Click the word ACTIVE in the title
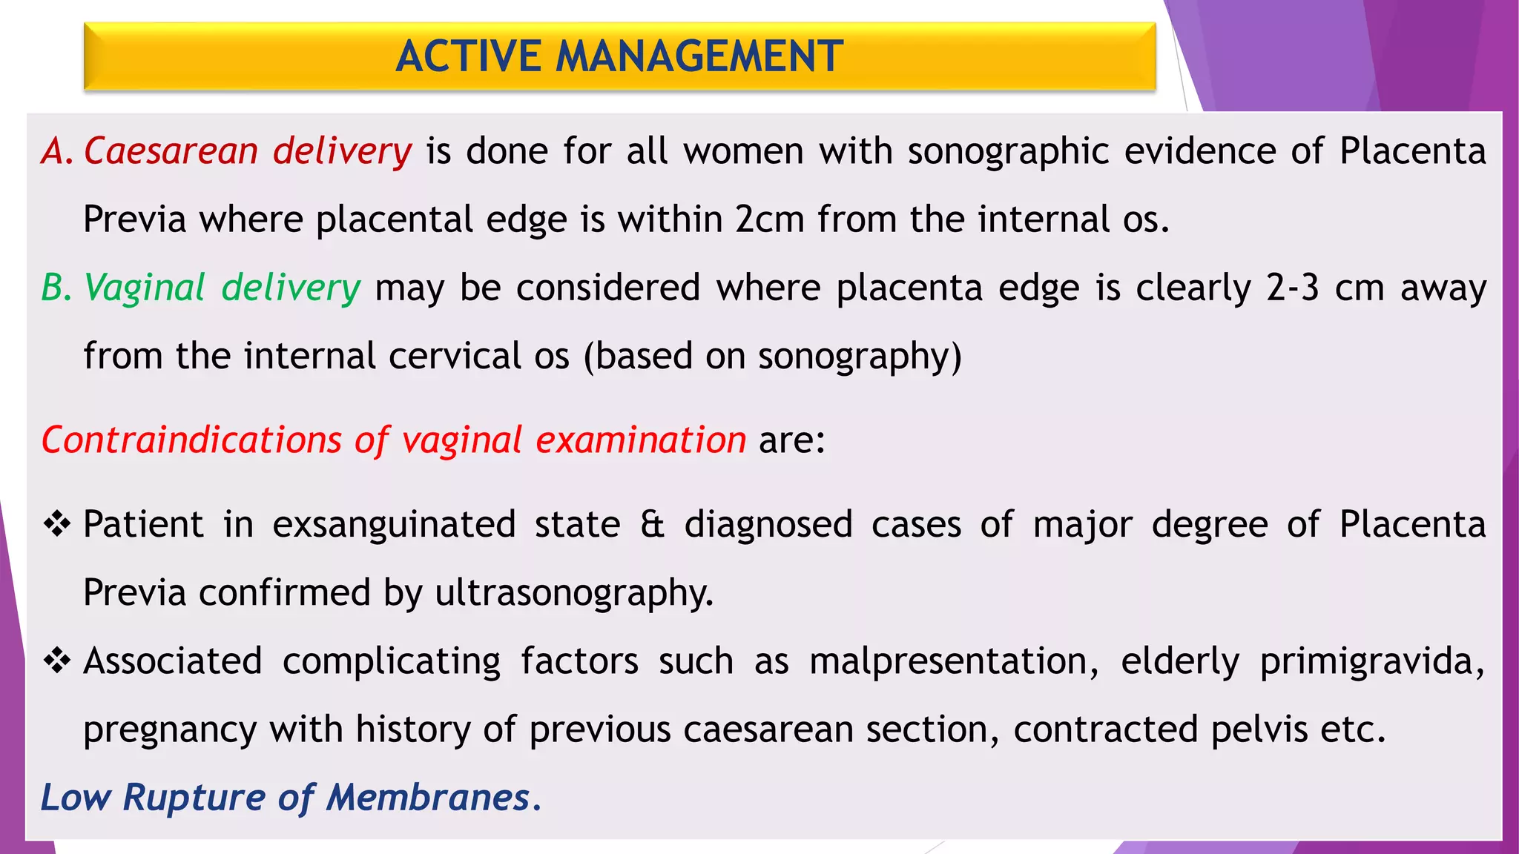(468, 56)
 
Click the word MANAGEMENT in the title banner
(699, 56)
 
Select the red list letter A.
(55, 151)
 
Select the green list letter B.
(55, 288)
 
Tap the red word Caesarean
(171, 151)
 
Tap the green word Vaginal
(145, 288)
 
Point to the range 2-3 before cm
(1293, 288)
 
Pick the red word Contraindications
(191, 440)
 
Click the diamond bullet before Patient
(56, 524)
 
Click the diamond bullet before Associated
(56, 661)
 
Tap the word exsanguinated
(394, 525)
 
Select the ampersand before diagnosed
(652, 524)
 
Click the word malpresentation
(954, 661)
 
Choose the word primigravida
(1371, 661)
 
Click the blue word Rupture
(194, 798)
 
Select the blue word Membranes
(428, 798)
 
